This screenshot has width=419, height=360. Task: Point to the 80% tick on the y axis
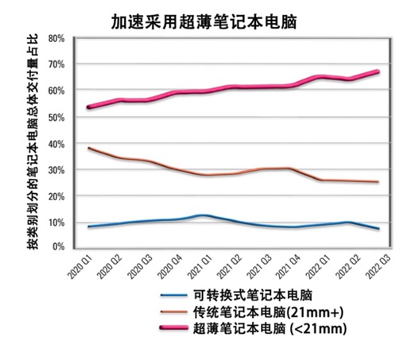pyautogui.click(x=56, y=38)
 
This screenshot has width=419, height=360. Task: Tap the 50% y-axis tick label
pyautogui.click(x=56, y=117)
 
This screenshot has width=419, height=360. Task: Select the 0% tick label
pyautogui.click(x=59, y=247)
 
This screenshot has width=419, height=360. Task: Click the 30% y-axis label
pyautogui.click(x=56, y=169)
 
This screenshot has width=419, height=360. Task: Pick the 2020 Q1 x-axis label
pyautogui.click(x=79, y=268)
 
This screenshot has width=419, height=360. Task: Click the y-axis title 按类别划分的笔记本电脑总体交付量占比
pyautogui.click(x=33, y=143)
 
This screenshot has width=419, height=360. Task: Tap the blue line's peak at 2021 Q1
pyautogui.click(x=204, y=215)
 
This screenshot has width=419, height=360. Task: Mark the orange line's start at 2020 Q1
pyautogui.click(x=88, y=148)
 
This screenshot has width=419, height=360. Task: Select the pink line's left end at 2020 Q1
pyautogui.click(x=88, y=107)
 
